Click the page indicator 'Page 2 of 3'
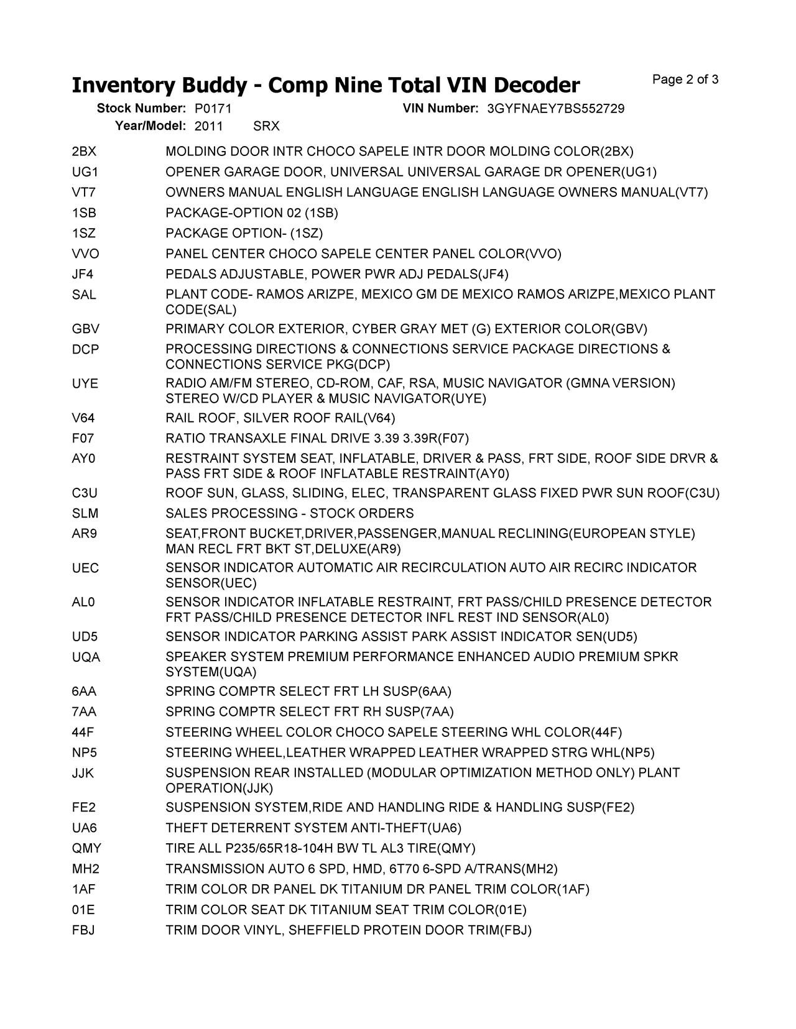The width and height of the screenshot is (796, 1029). (685, 80)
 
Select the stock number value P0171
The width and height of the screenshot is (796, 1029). (213, 109)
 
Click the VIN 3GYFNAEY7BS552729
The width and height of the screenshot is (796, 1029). (556, 109)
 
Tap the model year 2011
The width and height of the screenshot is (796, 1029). (209, 126)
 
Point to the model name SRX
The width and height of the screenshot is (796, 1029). (267, 126)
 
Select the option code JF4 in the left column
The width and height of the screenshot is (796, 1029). (83, 275)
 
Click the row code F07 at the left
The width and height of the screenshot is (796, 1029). (83, 439)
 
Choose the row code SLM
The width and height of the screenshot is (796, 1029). (85, 514)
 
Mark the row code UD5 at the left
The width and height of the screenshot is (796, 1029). (85, 637)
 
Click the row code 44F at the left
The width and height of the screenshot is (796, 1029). (83, 733)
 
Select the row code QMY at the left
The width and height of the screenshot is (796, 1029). (86, 849)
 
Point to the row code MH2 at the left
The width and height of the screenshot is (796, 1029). (85, 869)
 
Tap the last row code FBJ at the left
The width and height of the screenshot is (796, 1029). (83, 931)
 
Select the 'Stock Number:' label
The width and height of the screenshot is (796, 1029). (142, 109)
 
